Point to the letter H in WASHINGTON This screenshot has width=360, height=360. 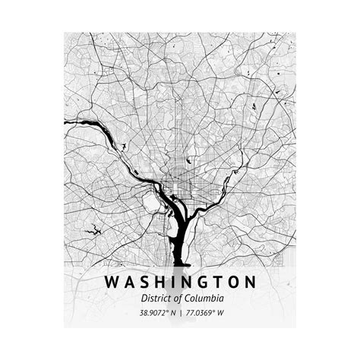(162, 283)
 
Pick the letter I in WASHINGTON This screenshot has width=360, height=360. (175, 283)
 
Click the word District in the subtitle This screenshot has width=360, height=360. (154, 299)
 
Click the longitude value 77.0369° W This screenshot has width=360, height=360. (207, 313)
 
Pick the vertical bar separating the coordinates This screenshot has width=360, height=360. (180, 313)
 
